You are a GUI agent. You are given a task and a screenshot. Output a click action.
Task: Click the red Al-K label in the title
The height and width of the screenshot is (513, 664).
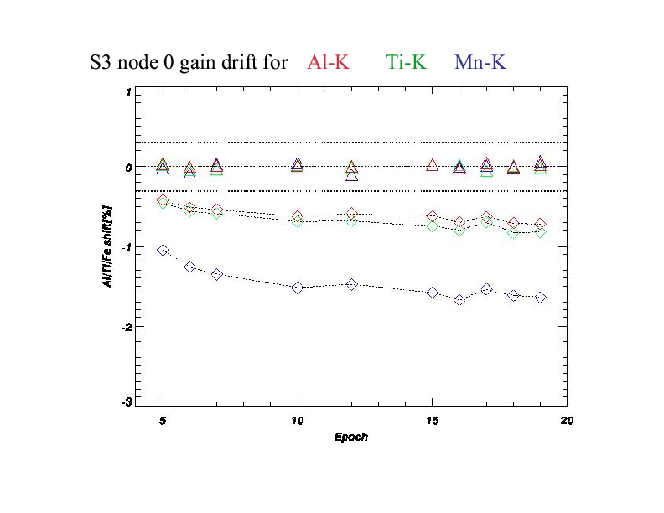tap(329, 62)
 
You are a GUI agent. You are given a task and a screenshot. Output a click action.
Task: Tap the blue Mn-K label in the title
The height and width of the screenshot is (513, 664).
tap(480, 62)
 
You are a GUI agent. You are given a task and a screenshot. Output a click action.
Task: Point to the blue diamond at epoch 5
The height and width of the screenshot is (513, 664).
tap(163, 251)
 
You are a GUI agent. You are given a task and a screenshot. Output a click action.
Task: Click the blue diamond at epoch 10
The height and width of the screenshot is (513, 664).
tap(298, 288)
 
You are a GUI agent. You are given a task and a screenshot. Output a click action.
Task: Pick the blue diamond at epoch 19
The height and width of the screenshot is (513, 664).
tap(541, 298)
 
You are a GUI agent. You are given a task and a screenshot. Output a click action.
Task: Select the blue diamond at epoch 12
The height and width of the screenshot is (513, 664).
tap(352, 284)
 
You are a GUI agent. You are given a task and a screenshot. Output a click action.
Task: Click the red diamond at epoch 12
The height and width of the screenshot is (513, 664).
tap(352, 214)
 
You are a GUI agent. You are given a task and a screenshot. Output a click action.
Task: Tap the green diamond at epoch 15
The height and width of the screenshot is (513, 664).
tap(433, 226)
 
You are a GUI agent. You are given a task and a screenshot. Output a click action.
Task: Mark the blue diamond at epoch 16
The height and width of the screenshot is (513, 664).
tap(459, 299)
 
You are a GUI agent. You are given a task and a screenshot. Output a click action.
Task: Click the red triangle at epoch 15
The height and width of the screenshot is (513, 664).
tap(433, 165)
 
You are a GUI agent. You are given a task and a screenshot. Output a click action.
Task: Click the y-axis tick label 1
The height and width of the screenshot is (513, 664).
tap(127, 92)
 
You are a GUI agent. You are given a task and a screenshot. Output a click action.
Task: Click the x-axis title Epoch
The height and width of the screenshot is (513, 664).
tap(351, 437)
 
